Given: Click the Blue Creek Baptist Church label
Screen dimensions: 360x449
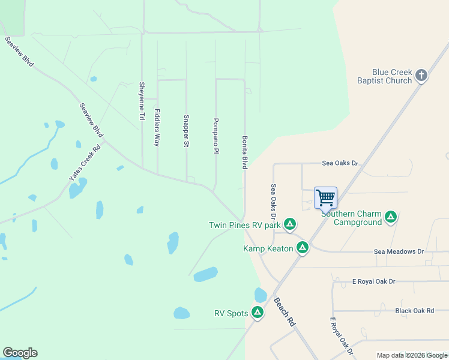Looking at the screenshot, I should click(392, 76).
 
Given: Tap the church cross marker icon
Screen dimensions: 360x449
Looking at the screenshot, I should click(421, 76).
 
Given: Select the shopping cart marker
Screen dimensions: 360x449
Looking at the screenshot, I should click(325, 197).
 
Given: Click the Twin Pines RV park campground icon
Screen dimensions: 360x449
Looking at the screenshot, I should click(290, 224).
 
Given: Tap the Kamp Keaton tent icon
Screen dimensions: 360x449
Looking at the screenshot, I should click(303, 247).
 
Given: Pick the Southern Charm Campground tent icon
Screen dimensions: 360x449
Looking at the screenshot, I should click(391, 217).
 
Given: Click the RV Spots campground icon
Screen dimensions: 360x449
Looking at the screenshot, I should click(258, 312).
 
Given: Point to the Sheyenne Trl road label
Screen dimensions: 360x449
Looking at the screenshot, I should click(142, 101).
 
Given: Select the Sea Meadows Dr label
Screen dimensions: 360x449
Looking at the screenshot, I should click(399, 252).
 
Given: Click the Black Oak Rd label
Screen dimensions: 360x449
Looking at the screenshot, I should click(414, 310).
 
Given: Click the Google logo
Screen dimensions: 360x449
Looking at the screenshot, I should click(20, 353).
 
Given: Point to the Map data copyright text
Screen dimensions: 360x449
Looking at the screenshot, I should click(412, 355).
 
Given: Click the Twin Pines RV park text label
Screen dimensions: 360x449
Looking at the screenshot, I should click(245, 225).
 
